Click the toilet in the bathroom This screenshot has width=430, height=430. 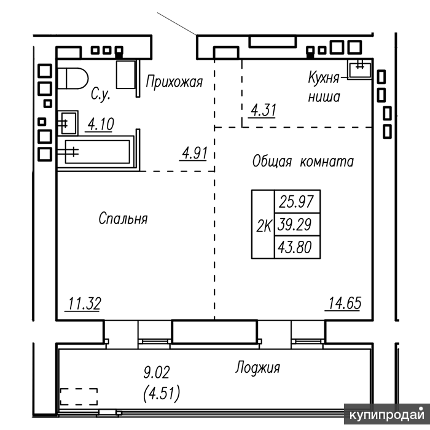pos(72,79)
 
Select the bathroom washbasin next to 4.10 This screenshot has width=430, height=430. pos(68,123)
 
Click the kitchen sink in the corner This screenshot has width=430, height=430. pos(360,69)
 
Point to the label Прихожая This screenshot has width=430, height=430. pos(174,82)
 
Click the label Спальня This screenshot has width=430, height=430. pos(123,219)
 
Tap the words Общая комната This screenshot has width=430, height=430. pos(303,161)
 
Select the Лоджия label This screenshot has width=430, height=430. pos(257,367)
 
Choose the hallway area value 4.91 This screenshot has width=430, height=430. pos(195,153)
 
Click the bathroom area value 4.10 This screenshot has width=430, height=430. pos(100,124)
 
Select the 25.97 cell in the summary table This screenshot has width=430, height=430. pos(297,201)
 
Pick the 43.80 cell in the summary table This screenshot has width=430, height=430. pos(297,247)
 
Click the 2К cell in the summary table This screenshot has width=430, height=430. pos(264,224)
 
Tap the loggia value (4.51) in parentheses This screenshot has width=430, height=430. pos(162,394)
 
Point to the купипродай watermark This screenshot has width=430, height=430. pos(387,415)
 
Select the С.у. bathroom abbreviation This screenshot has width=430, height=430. pos(101,95)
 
